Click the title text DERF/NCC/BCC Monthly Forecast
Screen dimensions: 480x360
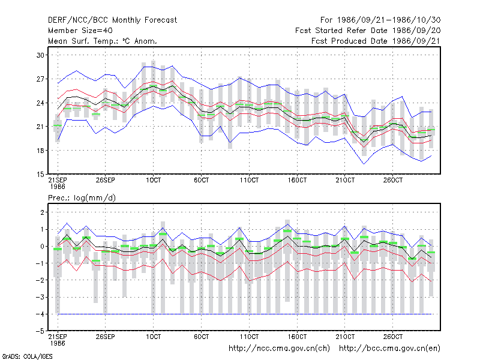[x=112, y=20]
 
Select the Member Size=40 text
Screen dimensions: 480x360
[x=80, y=31]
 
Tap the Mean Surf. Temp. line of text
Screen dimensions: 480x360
[x=103, y=41]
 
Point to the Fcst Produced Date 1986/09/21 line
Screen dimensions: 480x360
[x=376, y=41]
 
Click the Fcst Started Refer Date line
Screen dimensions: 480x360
[x=368, y=31]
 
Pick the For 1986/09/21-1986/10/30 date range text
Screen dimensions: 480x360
[x=380, y=20]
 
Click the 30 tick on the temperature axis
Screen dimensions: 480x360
[x=40, y=55]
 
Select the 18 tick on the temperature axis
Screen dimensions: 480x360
[x=40, y=151]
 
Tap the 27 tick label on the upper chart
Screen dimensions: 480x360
[x=40, y=79]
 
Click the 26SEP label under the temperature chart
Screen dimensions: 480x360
[x=106, y=181]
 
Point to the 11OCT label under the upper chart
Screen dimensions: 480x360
[x=249, y=181]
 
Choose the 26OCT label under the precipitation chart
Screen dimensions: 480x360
[x=393, y=337]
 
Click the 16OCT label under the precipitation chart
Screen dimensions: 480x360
[x=297, y=337]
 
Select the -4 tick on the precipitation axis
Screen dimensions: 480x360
[x=40, y=314]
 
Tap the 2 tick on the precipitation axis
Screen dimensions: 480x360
[x=42, y=212]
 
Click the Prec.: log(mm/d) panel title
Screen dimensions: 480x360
[x=82, y=198]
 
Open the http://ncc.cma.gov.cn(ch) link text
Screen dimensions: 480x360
[x=279, y=349]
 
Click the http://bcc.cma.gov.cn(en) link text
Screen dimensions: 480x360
[x=389, y=349]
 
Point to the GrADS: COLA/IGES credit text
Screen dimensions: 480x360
[x=27, y=356]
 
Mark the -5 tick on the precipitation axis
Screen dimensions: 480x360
[x=40, y=331]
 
